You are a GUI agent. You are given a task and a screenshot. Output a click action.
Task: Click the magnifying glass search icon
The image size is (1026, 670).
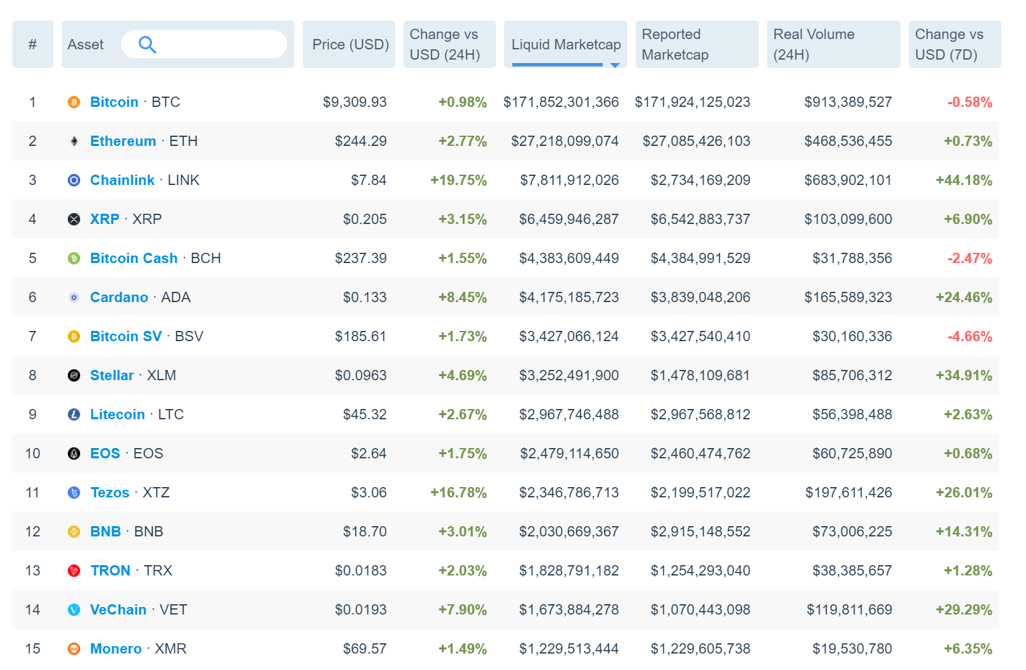147,45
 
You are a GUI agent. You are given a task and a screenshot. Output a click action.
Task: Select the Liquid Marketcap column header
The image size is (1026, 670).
566,45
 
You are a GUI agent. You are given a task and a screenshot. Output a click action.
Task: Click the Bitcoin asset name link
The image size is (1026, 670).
114,102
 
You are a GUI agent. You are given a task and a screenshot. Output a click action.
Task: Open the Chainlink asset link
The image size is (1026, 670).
123,180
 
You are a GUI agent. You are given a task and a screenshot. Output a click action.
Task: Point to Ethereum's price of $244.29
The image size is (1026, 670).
360,141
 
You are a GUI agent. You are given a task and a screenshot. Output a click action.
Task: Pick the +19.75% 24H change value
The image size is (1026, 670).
458,180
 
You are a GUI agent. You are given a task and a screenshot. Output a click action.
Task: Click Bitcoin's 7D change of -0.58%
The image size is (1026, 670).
970,102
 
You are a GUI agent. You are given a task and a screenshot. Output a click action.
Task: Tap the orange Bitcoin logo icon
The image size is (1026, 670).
74,102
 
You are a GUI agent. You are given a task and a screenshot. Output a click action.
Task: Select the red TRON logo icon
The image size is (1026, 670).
74,571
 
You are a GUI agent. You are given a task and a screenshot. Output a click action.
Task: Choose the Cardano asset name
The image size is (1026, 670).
119,297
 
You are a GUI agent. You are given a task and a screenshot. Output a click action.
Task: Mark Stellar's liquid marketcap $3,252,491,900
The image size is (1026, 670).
569,375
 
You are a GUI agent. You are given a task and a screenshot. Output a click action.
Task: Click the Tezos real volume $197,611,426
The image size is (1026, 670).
849,493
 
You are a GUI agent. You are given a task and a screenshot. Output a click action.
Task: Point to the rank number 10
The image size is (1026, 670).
32,454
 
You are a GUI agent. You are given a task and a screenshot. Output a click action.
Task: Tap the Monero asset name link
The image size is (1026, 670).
116,649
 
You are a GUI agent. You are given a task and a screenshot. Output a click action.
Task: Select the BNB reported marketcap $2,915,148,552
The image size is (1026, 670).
701,532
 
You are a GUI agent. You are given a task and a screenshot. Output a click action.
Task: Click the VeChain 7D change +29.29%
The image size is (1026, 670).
964,610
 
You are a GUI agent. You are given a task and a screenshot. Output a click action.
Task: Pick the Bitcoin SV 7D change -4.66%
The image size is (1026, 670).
970,336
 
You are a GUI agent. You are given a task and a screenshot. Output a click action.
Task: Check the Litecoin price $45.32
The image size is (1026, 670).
364,414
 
